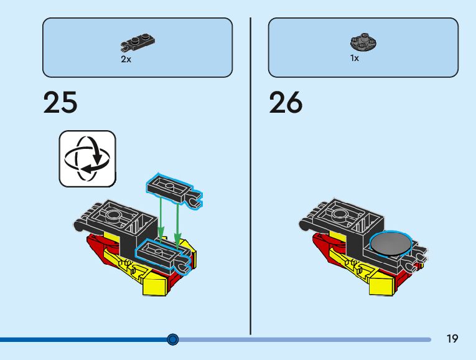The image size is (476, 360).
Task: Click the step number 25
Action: coord(60,103)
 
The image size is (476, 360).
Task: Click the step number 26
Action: coord(286,103)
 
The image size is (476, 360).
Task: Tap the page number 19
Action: coord(452,339)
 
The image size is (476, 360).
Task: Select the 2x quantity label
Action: coord(126,60)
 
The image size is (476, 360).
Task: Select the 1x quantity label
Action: coord(355,59)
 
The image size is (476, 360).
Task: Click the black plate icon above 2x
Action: coord(138,44)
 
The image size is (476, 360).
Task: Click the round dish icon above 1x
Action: coord(365,43)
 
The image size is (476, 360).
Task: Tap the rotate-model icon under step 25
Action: coord(88,158)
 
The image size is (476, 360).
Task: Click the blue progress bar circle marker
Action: coord(173,339)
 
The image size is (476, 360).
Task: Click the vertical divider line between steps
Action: coord(251,174)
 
